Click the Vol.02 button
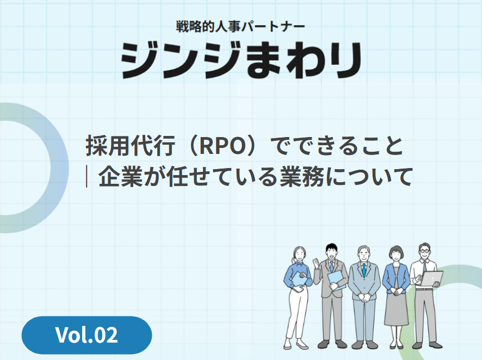tap(86, 335)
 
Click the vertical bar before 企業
tap(87, 177)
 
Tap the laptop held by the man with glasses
tap(431, 279)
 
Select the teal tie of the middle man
tap(363, 270)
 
